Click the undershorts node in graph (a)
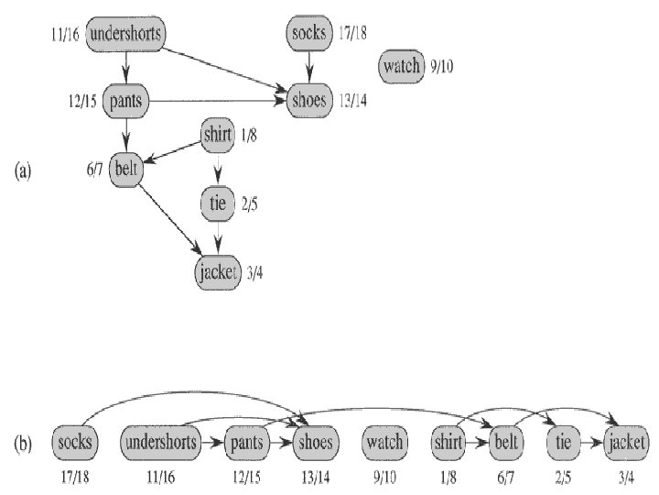click(x=127, y=35)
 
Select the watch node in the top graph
click(x=402, y=65)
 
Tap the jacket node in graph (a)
click(x=219, y=271)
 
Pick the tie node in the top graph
click(x=217, y=203)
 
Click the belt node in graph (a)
click(x=125, y=169)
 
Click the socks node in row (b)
click(x=75, y=443)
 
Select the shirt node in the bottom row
click(x=448, y=443)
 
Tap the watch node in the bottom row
click(x=384, y=443)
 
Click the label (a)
click(x=24, y=170)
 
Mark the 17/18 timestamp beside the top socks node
click(x=351, y=34)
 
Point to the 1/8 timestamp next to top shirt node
click(x=247, y=137)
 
